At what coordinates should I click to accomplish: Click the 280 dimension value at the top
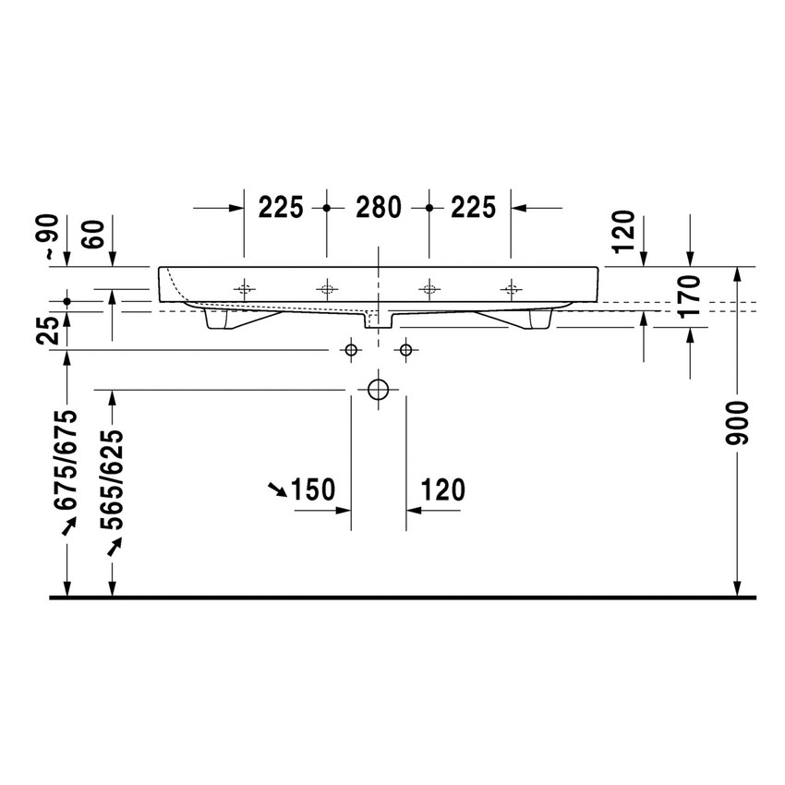[379, 208]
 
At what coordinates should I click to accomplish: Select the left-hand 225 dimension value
[281, 208]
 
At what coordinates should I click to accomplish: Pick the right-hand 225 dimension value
[474, 208]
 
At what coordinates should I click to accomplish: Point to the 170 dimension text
[694, 296]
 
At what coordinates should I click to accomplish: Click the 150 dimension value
[312, 489]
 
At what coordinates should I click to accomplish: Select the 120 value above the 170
[623, 232]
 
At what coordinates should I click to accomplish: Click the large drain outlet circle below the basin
[378, 389]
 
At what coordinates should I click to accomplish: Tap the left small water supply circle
[350, 350]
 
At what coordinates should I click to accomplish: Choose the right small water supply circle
[405, 350]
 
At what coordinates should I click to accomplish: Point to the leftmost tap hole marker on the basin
[244, 289]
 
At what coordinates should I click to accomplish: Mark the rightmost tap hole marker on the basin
[511, 289]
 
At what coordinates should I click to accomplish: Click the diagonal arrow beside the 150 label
[275, 489]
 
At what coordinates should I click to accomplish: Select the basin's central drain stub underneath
[379, 320]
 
